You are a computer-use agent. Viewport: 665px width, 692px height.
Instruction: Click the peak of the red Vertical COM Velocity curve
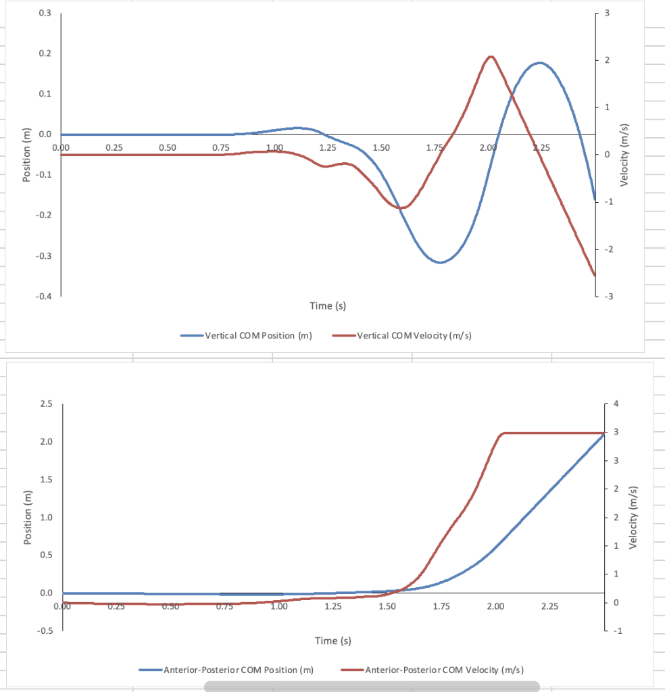[x=491, y=57]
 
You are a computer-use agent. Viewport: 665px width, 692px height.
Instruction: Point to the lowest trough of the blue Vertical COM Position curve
[x=440, y=262]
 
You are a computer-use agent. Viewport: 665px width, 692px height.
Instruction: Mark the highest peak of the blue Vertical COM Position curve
[x=539, y=63]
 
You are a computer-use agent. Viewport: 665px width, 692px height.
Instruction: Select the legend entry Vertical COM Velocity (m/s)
[x=413, y=336]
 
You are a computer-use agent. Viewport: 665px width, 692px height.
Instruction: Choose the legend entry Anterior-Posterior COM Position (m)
[x=238, y=670]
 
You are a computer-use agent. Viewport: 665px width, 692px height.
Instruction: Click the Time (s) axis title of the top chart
[x=328, y=306]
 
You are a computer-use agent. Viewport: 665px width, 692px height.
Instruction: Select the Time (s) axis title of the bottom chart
[x=332, y=640]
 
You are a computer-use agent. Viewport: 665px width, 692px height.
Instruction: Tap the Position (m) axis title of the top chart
[x=26, y=155]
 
